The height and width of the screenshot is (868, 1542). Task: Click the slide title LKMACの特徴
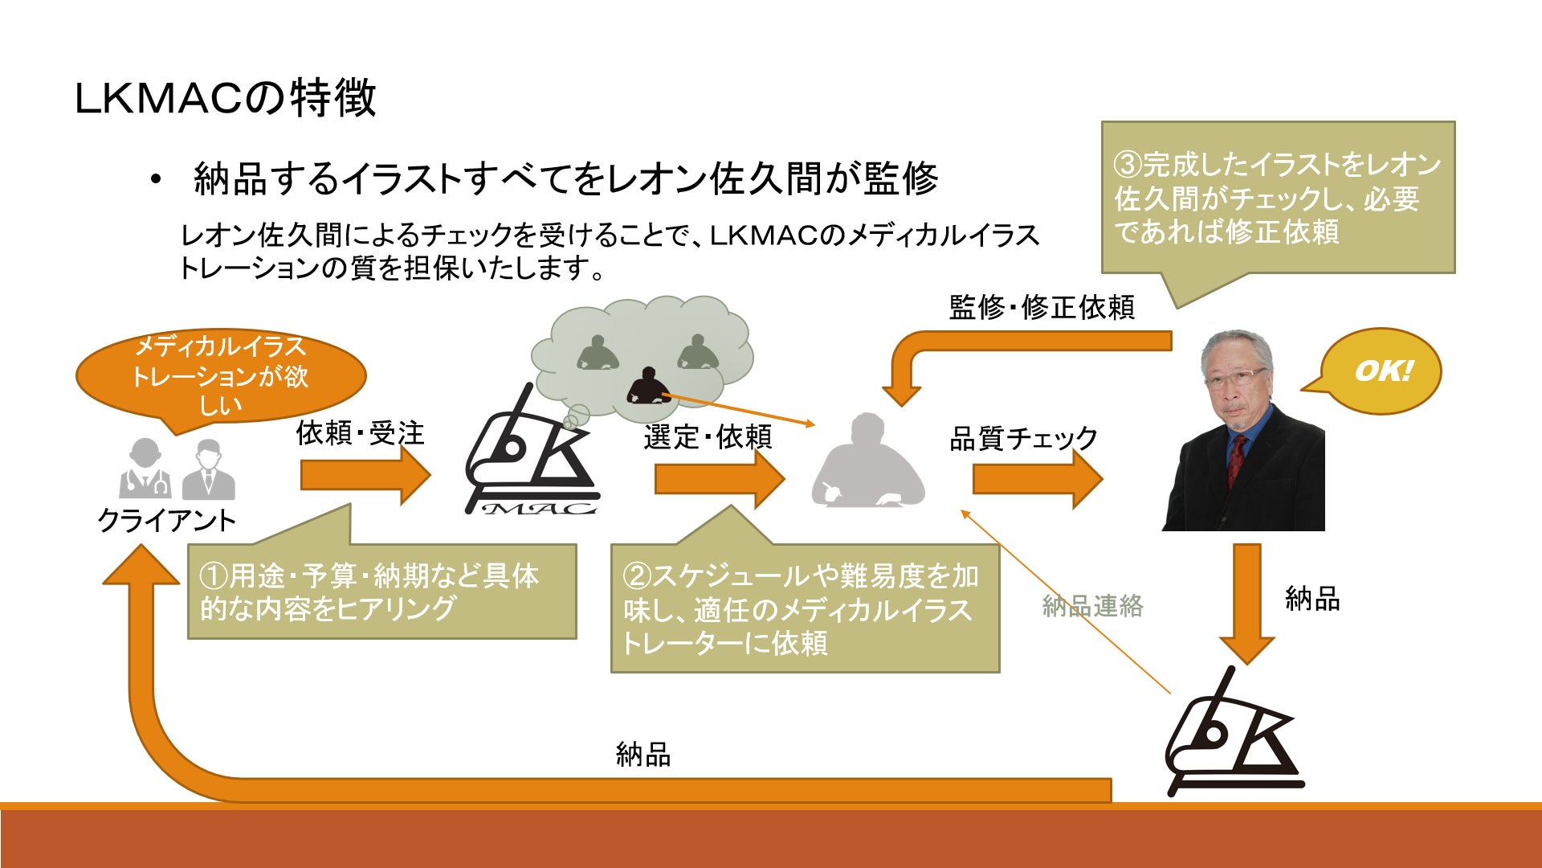[x=225, y=98]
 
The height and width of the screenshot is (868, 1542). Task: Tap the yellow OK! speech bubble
[x=1381, y=371]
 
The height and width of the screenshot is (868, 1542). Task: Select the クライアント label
[x=166, y=521]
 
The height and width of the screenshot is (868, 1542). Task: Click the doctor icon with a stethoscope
[x=145, y=469]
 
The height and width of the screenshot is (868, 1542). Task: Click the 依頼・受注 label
[x=360, y=434]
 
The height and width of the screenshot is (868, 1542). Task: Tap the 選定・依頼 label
[x=708, y=437]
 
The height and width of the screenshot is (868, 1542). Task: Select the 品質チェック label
[x=1023, y=439]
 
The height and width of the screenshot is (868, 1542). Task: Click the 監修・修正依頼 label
[x=1042, y=308]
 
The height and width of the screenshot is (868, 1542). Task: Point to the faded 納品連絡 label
[x=1092, y=606]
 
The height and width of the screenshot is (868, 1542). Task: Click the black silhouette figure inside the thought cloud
[x=647, y=386]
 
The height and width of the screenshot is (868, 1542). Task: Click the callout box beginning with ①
[x=381, y=592]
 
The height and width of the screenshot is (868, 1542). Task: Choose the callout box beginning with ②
[x=805, y=608]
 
